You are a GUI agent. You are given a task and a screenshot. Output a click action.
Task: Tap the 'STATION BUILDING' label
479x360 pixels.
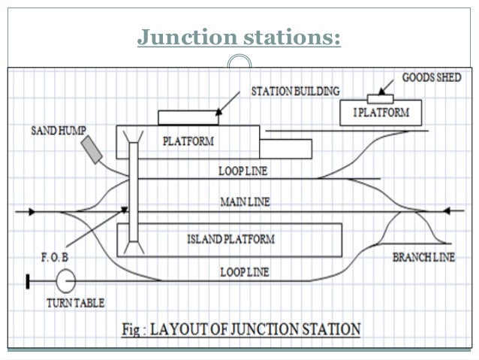tap(294, 90)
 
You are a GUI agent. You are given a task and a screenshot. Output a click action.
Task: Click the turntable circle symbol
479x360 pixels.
tap(66, 283)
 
